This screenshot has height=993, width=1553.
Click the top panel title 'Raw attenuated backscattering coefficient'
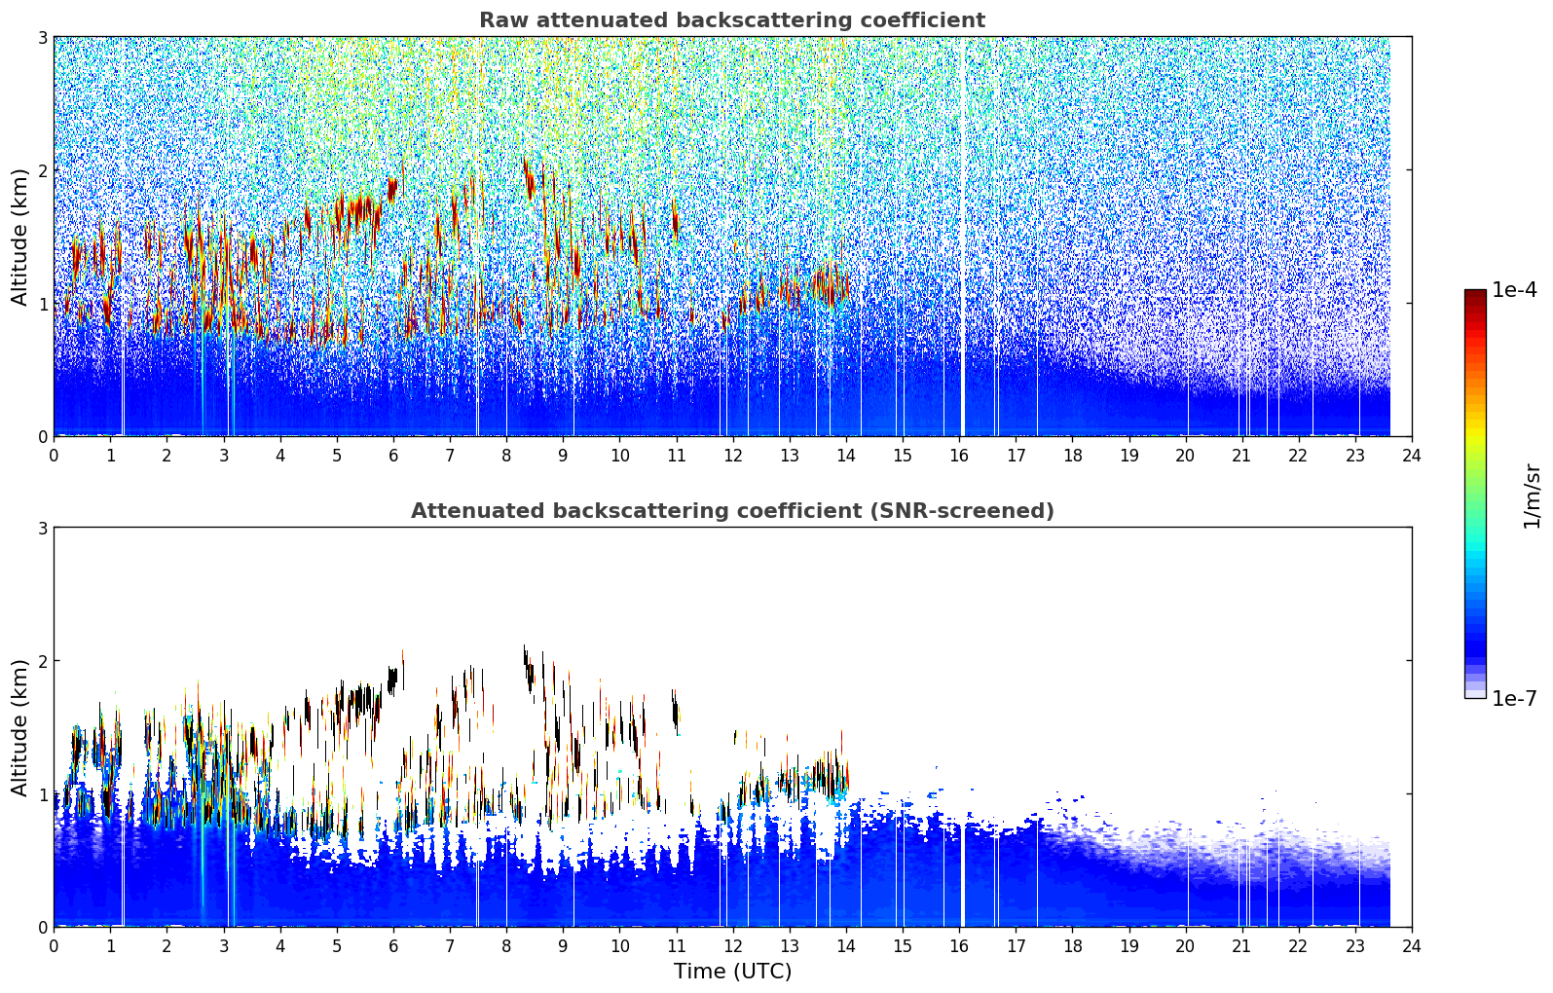(x=732, y=20)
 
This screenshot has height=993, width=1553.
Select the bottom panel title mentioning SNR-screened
(x=732, y=510)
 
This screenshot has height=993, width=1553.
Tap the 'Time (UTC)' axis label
(x=732, y=971)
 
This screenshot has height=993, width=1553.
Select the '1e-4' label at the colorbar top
(x=1514, y=290)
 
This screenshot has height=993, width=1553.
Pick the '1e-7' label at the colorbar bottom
(x=1514, y=698)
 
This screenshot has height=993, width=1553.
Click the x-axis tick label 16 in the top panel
(x=959, y=456)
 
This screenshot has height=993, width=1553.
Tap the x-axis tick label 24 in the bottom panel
(x=1412, y=946)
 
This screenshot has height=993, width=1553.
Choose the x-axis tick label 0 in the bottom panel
(x=55, y=946)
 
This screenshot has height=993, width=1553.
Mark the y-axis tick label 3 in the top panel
(x=42, y=37)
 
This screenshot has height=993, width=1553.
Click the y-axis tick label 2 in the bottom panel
(x=42, y=660)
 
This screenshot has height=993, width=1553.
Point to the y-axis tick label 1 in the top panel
(x=42, y=303)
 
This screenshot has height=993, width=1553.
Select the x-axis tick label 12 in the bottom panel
(x=733, y=946)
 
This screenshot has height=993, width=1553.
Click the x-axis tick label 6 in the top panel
(x=393, y=456)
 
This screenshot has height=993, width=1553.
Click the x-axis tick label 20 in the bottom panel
(x=1186, y=946)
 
